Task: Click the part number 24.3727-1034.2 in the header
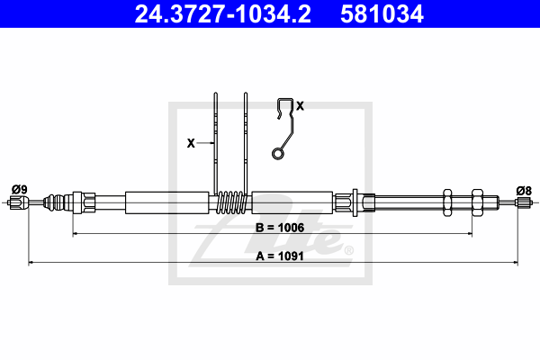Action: click(222, 14)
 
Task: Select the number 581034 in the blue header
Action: click(382, 14)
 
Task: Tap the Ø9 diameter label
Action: click(19, 190)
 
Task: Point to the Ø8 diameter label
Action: click(524, 191)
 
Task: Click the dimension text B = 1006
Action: click(280, 228)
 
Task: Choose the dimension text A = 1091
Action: click(280, 256)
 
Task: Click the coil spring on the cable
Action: click(231, 202)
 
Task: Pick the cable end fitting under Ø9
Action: click(18, 202)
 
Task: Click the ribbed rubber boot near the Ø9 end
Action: click(54, 202)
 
